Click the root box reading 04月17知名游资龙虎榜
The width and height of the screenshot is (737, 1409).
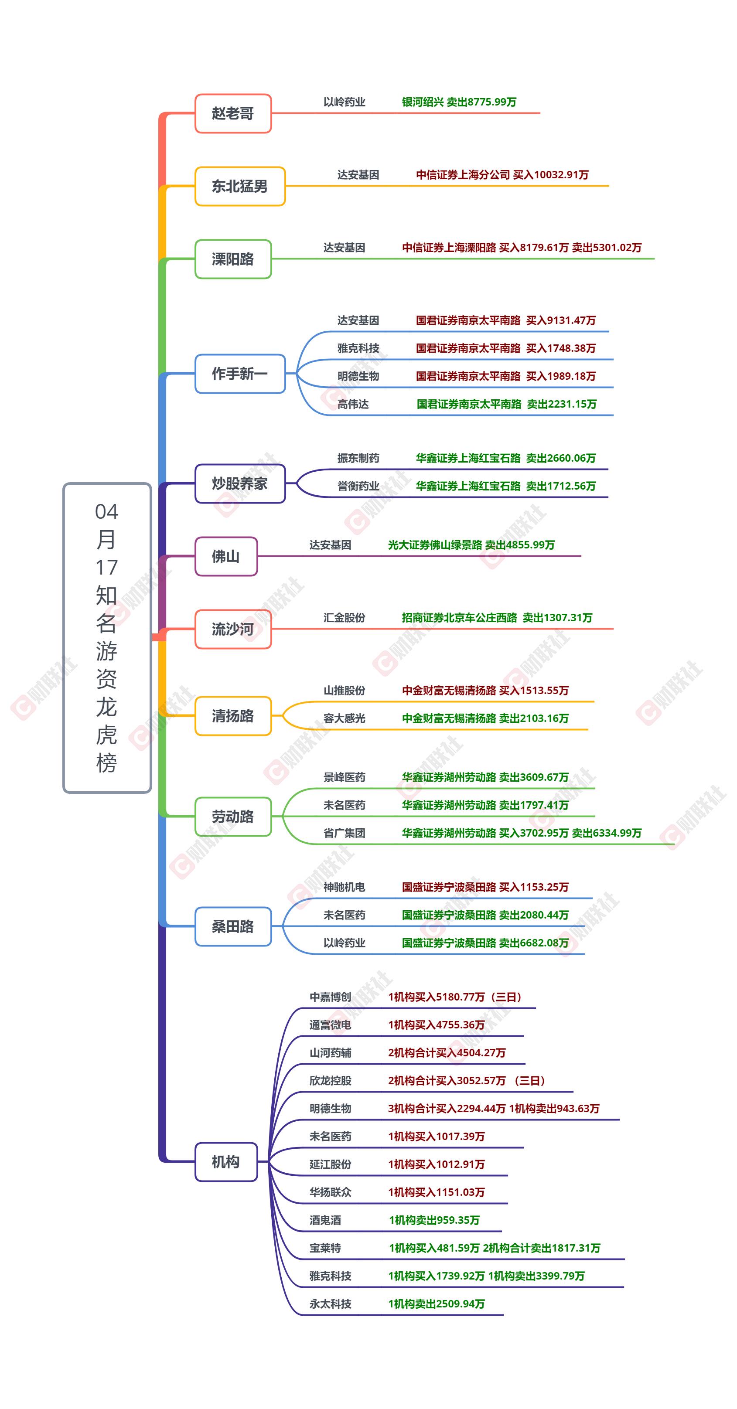107,638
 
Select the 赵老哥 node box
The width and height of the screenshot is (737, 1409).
233,113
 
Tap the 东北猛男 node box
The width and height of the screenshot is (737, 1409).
240,186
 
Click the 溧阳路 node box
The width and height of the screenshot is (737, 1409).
233,259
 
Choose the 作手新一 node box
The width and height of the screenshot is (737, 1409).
240,374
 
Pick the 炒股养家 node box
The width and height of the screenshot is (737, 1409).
240,483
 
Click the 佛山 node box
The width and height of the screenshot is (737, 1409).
226,556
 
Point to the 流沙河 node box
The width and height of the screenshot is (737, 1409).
233,629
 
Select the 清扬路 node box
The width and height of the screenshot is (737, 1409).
233,715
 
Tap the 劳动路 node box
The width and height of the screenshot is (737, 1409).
233,817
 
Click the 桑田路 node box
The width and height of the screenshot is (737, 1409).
233,926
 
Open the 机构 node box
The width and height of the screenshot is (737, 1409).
226,1162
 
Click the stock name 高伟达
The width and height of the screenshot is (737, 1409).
353,404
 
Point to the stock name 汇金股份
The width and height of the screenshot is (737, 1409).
344,618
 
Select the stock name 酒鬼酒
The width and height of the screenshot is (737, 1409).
325,1220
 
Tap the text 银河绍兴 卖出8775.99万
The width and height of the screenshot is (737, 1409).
459,102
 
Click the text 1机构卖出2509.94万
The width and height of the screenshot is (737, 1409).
436,1303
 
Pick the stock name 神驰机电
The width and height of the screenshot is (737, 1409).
344,887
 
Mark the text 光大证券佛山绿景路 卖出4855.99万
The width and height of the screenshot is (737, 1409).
471,545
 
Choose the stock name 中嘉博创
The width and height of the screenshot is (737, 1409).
330,997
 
